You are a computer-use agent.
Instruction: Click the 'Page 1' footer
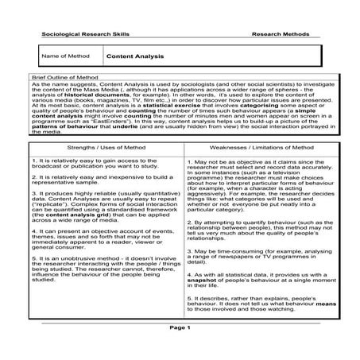180,327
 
